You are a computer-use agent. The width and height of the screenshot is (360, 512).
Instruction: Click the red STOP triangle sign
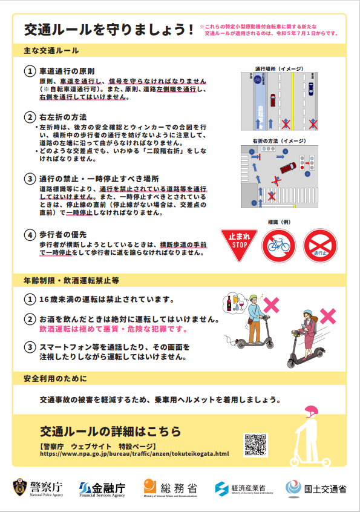[239, 243]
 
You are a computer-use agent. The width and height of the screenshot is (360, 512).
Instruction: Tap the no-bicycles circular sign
[278, 246]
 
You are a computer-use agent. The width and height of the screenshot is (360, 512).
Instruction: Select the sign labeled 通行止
[320, 246]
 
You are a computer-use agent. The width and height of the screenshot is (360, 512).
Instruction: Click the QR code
[255, 445]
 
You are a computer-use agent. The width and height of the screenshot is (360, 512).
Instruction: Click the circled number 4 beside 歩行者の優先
[29, 234]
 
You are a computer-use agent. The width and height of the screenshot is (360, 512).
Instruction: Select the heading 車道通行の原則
[67, 71]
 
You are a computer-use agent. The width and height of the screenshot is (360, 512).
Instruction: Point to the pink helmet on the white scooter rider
[311, 412]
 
